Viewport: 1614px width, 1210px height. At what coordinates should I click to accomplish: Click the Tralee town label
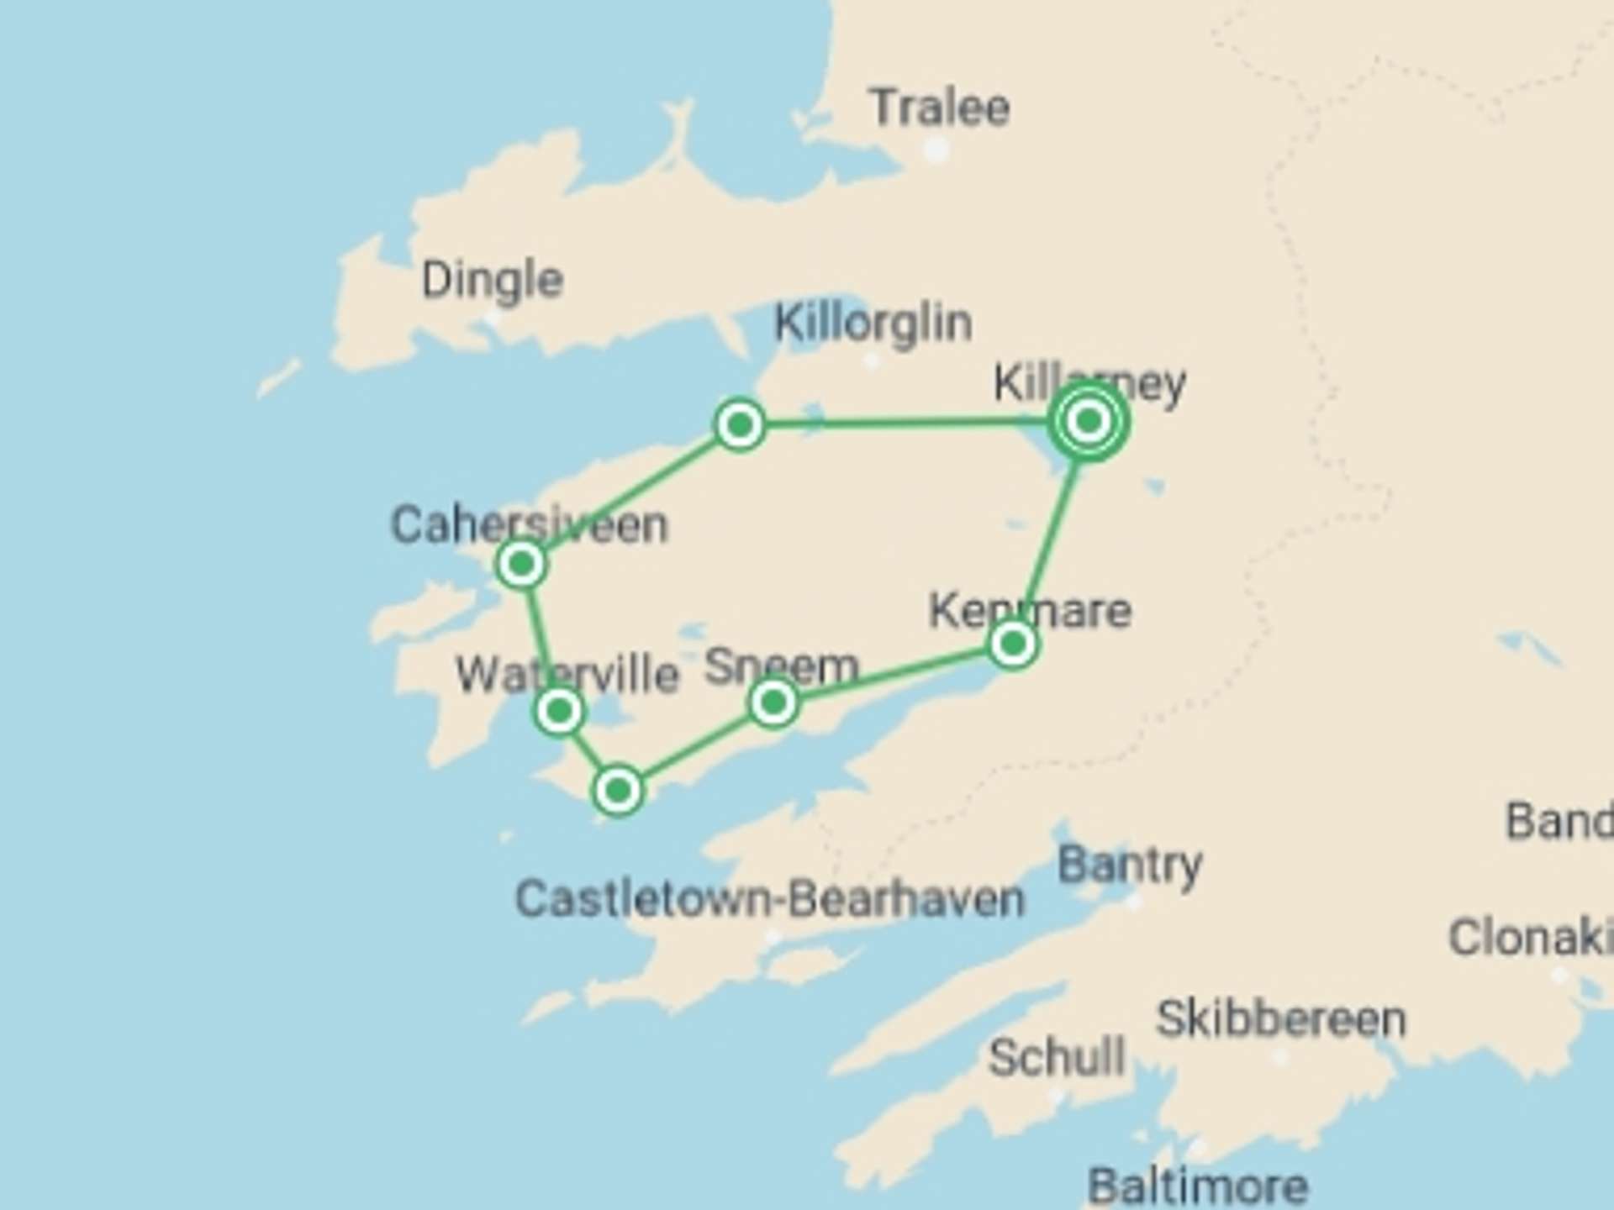(940, 107)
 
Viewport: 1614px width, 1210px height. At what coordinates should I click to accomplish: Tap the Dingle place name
(492, 280)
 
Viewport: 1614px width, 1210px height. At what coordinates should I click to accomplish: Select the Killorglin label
(873, 323)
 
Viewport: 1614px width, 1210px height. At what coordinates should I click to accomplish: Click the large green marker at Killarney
(1089, 420)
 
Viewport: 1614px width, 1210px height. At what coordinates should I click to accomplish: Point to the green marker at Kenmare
(1013, 644)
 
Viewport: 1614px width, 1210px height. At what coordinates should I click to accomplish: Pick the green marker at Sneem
(773, 702)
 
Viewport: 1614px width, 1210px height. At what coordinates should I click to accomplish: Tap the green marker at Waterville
(559, 712)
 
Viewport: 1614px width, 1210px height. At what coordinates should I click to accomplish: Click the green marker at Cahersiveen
(522, 563)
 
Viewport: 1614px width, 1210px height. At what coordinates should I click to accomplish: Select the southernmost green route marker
(618, 790)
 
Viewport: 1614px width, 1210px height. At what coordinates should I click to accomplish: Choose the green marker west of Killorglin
(740, 424)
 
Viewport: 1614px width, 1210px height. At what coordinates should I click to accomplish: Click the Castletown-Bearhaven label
(769, 899)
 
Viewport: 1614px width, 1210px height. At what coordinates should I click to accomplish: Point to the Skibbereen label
(1280, 1019)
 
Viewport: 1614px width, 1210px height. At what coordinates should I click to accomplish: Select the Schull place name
(1056, 1057)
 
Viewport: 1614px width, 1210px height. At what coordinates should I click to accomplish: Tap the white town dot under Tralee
(936, 150)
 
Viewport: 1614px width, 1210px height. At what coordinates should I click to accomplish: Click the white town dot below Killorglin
(872, 362)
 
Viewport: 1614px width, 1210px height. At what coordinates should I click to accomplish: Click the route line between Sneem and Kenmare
(891, 673)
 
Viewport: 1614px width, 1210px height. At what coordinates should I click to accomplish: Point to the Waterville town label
(567, 674)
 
